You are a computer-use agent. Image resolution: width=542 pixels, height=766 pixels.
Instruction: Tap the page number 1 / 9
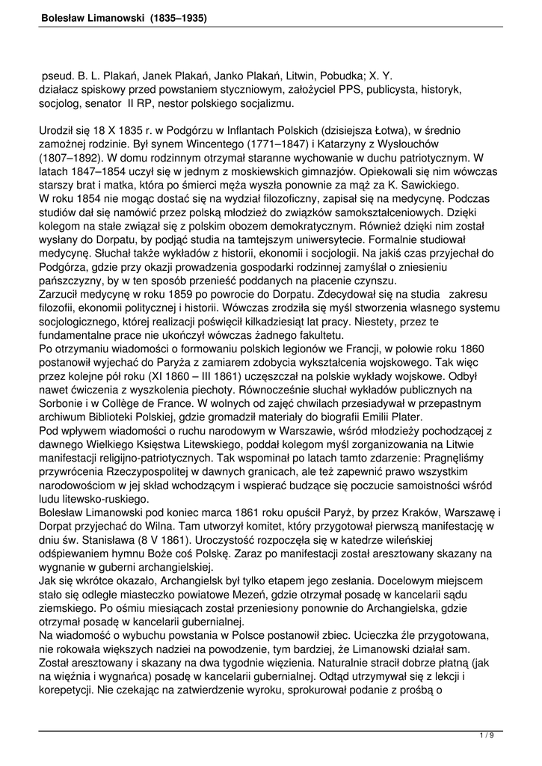[487, 737]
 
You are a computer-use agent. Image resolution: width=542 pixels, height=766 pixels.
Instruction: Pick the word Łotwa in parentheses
[424, 130]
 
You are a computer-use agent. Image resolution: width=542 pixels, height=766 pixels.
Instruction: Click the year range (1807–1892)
[76, 158]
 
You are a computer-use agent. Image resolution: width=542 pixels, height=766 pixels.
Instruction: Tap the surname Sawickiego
[428, 185]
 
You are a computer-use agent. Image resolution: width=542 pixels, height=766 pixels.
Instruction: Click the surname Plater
[404, 417]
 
